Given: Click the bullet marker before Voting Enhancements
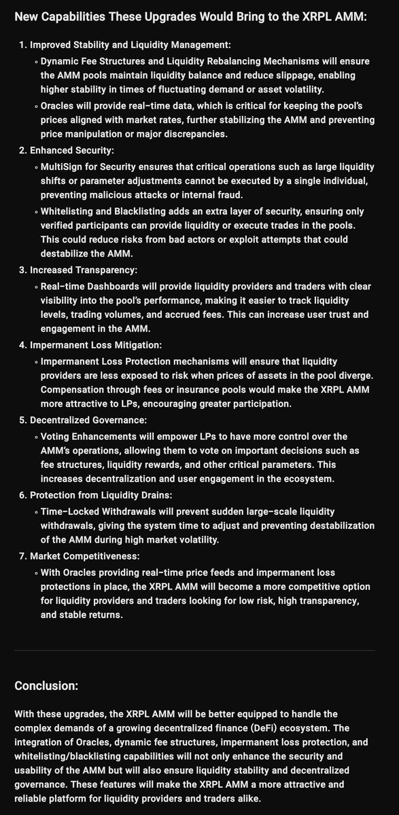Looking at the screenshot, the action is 35,436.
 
